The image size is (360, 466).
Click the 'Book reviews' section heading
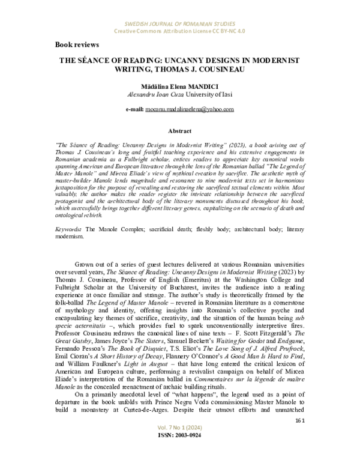pyautogui.click(x=77, y=44)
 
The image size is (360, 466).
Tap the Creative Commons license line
pyautogui.click(x=180, y=30)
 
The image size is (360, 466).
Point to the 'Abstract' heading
pyautogui.click(x=180, y=130)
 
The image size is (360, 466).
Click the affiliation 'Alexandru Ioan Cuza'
pyautogui.click(x=156, y=95)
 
